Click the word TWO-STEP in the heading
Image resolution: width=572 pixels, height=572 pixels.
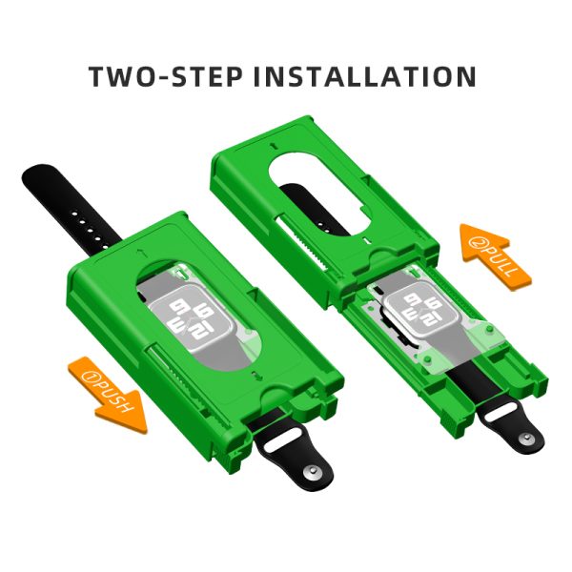[166, 76]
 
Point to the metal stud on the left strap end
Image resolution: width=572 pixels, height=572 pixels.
[311, 471]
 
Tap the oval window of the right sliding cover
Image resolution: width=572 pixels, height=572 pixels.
[319, 194]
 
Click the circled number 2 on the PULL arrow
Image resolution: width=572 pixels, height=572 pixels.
[478, 242]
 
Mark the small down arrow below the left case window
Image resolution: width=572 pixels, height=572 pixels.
[257, 376]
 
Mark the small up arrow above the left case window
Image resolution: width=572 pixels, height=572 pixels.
[139, 252]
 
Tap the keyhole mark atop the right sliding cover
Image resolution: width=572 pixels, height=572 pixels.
[275, 146]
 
